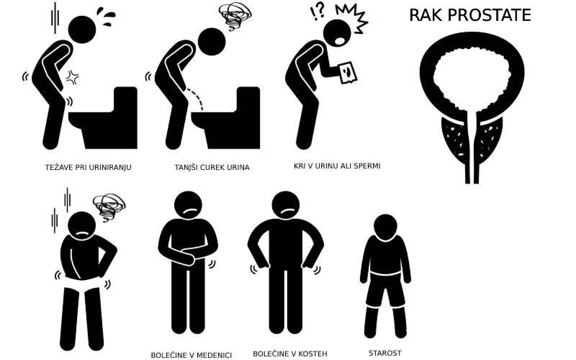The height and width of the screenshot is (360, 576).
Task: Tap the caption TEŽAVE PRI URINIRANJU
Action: click(88, 167)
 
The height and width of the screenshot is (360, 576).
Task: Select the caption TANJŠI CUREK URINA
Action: click(212, 167)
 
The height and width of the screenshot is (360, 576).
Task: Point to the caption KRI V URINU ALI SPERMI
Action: click(337, 166)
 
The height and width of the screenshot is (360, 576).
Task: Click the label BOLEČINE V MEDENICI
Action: click(191, 355)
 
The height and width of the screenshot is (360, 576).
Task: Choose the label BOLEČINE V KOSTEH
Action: click(290, 354)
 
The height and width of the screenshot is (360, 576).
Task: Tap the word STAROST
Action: click(385, 353)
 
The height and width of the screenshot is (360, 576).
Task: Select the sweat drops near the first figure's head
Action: click(106, 17)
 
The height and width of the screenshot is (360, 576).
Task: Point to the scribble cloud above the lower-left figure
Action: click(109, 207)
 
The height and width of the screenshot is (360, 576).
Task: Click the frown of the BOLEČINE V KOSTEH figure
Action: click(286, 211)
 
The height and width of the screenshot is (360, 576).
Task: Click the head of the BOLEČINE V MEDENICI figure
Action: click(188, 205)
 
